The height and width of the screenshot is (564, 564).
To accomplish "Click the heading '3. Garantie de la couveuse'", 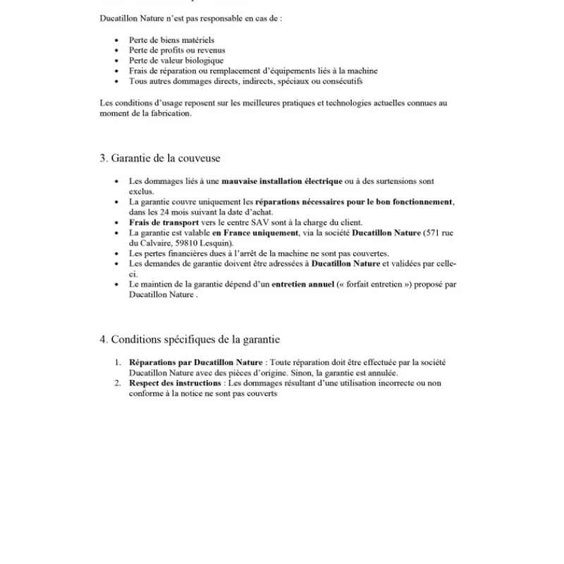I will coord(160,159).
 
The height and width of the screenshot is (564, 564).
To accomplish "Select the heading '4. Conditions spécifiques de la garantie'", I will coord(190,339).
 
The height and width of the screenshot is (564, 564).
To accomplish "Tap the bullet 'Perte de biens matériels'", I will coord(171,41).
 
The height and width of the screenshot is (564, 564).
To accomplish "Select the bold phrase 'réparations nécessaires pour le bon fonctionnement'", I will coord(353,202).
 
